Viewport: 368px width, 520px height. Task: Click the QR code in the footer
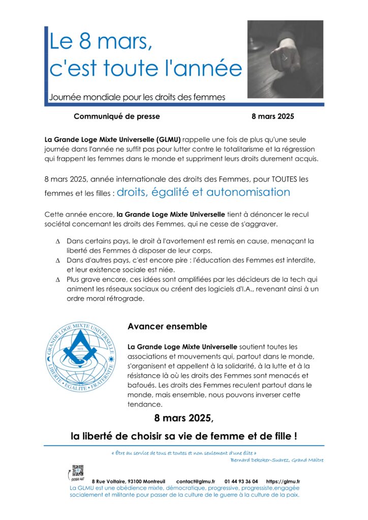coord(77,471)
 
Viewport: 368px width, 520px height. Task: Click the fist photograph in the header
coord(285,59)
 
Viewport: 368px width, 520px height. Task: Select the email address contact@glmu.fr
coord(195,481)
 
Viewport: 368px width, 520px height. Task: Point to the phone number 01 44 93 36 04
coord(241,481)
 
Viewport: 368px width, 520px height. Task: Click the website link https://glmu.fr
coord(283,481)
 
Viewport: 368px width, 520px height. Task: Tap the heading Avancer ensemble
coord(167,326)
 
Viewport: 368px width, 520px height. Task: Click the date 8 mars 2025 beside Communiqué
coord(273,116)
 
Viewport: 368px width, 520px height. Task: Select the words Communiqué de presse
coord(116,116)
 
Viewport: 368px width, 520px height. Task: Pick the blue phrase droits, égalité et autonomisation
coord(203,192)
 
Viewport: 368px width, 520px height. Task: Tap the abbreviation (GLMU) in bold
coord(166,139)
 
